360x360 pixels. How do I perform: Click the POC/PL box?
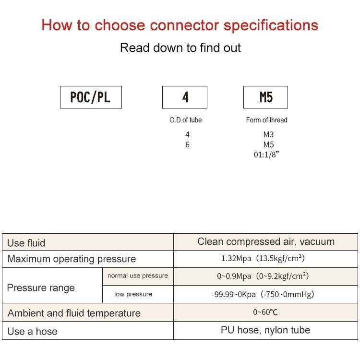91,97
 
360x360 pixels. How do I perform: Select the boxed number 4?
185,97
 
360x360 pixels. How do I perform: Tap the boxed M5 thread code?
265,97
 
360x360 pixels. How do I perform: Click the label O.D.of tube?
185,120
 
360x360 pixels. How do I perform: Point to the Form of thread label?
266,120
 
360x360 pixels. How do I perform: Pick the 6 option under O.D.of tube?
187,144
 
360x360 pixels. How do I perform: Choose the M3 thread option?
268,134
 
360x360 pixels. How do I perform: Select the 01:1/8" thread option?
266,155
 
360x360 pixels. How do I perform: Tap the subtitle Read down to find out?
180,48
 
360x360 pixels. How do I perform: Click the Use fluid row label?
26,243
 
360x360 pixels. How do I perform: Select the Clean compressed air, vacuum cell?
266,241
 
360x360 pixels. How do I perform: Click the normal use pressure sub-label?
138,276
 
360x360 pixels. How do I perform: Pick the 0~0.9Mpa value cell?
263,276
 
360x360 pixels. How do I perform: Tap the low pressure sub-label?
133,294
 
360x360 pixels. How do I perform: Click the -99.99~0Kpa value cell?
263,294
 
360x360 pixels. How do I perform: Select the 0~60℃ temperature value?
265,312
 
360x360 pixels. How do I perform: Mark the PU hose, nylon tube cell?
265,330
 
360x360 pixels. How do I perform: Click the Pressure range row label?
41,288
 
